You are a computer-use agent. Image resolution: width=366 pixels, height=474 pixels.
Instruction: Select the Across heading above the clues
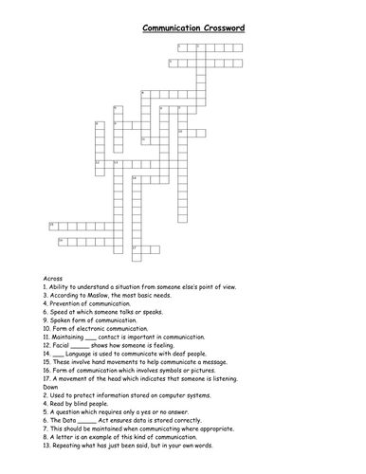(53, 277)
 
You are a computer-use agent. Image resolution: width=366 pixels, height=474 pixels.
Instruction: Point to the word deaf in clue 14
(184, 353)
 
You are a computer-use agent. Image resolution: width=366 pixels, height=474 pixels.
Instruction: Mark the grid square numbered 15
(51, 225)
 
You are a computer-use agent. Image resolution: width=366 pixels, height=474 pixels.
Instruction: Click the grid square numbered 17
(134, 249)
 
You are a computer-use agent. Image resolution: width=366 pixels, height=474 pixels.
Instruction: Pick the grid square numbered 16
(61, 241)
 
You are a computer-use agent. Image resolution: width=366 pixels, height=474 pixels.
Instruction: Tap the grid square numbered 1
(181, 46)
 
